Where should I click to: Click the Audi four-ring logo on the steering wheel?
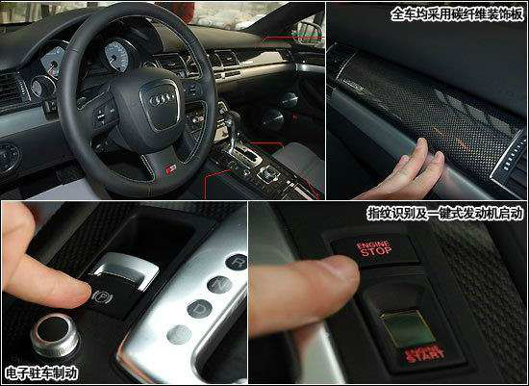(x=162, y=99)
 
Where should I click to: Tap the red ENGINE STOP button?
(x=374, y=249)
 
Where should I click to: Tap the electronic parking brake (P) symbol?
(x=102, y=297)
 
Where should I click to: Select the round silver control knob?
(x=55, y=334)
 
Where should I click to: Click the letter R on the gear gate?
(x=238, y=262)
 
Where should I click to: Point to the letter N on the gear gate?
(x=219, y=285)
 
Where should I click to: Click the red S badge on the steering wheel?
(x=170, y=169)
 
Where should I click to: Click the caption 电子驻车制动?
(x=41, y=373)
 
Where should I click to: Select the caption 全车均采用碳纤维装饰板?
(x=458, y=14)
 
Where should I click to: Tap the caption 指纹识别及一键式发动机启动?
(x=446, y=214)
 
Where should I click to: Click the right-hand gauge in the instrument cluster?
(x=116, y=56)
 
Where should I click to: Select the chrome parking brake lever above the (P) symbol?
(x=125, y=270)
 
